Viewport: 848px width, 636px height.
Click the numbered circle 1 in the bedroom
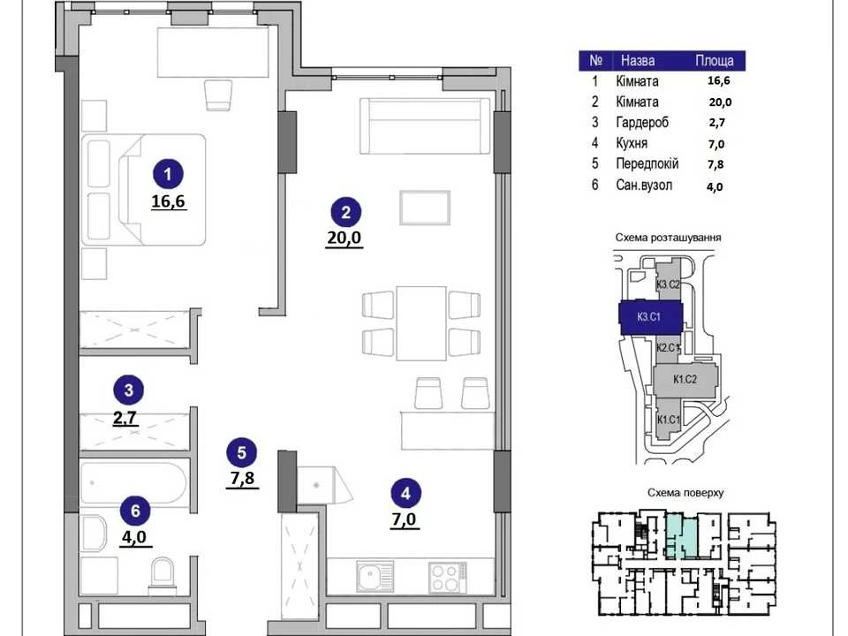coord(168,174)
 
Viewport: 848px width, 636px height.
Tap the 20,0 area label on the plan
coord(344,238)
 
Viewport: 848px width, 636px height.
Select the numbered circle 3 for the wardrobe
coord(129,390)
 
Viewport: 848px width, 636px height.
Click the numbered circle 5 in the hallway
coord(242,452)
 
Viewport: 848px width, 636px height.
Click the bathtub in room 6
coord(134,483)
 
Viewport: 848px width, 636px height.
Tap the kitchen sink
coord(375,577)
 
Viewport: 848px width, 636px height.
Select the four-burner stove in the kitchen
coord(448,578)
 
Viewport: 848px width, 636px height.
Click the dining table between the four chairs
coord(421,323)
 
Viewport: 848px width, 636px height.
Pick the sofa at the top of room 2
coord(425,125)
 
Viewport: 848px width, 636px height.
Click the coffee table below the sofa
coord(425,207)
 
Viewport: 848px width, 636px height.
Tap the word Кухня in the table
coord(632,143)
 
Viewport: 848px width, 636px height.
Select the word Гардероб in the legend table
coord(642,123)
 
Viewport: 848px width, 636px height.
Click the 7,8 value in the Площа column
coord(715,164)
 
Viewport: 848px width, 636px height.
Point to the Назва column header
coord(638,61)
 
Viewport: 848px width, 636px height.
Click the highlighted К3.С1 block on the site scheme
coord(651,317)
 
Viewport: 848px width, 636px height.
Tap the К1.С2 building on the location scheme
coord(685,380)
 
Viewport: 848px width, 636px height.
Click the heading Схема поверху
coord(685,493)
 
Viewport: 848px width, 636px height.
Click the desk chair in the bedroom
coord(219,95)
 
